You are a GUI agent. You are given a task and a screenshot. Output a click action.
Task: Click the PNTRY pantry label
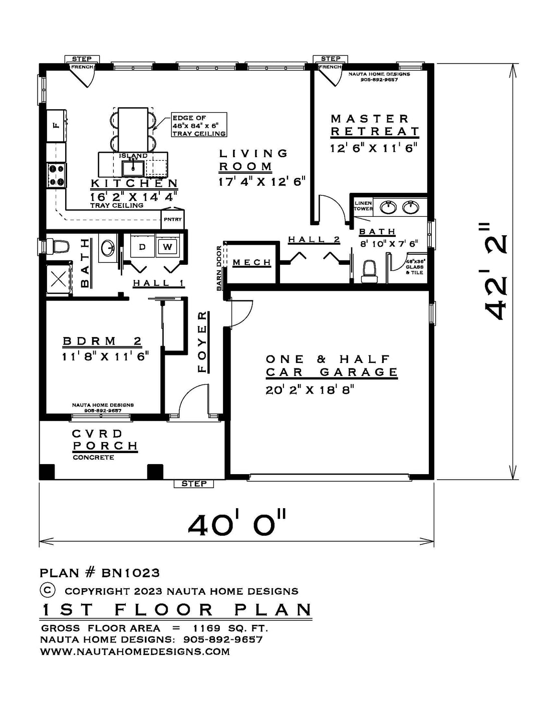pyautogui.click(x=173, y=219)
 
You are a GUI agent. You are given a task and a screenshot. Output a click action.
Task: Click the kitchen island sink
pyautogui.click(x=133, y=169)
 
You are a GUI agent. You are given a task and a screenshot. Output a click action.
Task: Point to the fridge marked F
pyautogui.click(x=57, y=126)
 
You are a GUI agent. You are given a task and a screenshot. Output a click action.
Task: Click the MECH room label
pyautogui.click(x=252, y=262)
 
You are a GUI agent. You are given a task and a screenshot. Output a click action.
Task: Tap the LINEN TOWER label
pyautogui.click(x=363, y=206)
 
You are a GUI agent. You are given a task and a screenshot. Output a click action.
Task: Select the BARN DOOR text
pyautogui.click(x=219, y=268)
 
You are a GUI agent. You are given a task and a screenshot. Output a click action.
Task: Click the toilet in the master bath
pyautogui.click(x=369, y=271)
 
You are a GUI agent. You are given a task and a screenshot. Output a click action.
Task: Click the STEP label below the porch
pyautogui.click(x=194, y=484)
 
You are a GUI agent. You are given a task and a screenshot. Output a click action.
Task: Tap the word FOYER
pyautogui.click(x=202, y=342)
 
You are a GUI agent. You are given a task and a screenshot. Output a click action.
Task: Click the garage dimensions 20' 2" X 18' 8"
pyautogui.click(x=310, y=390)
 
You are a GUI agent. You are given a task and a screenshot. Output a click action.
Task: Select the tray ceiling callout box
pyautogui.click(x=199, y=125)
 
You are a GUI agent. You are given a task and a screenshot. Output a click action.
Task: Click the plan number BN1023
pyautogui.click(x=130, y=573)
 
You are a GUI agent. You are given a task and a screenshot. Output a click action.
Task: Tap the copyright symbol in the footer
pyautogui.click(x=48, y=590)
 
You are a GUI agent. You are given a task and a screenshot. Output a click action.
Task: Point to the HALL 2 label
pyautogui.click(x=314, y=239)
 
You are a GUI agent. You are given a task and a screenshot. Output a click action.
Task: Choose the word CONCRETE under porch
pyautogui.click(x=93, y=458)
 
